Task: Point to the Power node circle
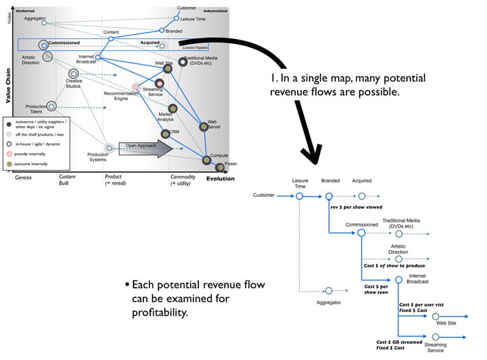pos(219,167)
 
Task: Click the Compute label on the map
pos(219,155)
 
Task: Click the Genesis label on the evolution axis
pos(24,178)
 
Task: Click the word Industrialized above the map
pos(215,12)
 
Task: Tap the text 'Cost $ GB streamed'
pos(400,342)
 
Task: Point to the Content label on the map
pos(111,33)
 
